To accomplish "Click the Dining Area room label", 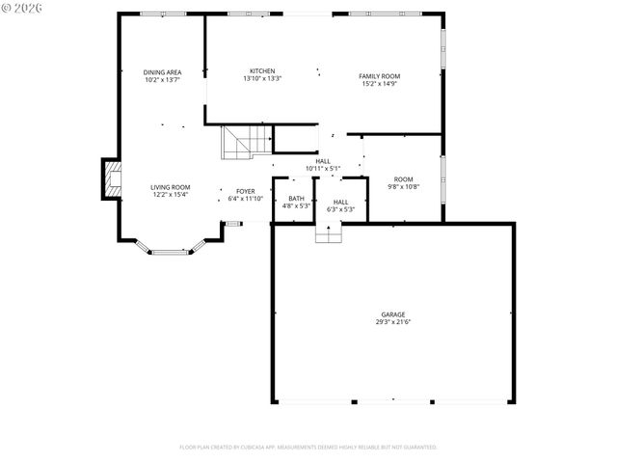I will pos(162,72).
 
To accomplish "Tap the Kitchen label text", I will pos(262,70).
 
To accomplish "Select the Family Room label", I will pos(379,76).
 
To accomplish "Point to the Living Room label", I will pos(170,187).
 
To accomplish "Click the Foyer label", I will pos(246,191).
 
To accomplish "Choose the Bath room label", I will pos(296,199).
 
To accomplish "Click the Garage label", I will pos(392,313).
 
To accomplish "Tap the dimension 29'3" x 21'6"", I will pos(392,321).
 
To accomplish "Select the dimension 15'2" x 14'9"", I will pos(379,84).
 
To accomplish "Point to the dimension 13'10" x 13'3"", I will pos(262,78).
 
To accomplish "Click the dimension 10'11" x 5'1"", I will pos(323,169).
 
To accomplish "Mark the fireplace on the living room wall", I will pos(113,179).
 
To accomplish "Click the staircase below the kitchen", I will pos(237,143).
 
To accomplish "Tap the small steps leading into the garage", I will pos(329,233).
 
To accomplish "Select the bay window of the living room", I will pos(167,251).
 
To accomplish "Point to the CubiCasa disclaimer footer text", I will pos(308,447).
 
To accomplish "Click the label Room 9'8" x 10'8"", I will pos(402,183).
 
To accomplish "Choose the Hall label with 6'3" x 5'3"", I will pos(341,205).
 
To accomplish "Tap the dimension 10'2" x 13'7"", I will pos(162,80).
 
